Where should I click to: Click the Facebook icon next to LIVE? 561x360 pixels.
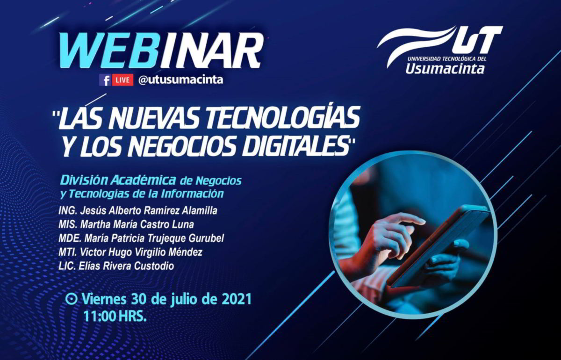[105, 80]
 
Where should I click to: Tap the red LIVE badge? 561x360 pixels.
[122, 80]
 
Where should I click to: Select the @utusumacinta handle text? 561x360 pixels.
[180, 80]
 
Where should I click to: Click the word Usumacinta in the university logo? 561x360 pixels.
[445, 69]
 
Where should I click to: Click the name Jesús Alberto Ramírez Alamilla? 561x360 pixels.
[149, 211]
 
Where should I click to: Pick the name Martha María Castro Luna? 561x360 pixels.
[137, 224]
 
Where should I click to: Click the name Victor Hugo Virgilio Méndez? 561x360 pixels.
[141, 252]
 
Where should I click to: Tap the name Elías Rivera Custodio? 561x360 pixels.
[126, 266]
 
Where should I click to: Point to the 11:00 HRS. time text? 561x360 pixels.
[115, 317]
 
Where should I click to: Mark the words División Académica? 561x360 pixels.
[118, 180]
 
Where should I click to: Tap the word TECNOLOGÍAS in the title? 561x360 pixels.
[280, 117]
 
